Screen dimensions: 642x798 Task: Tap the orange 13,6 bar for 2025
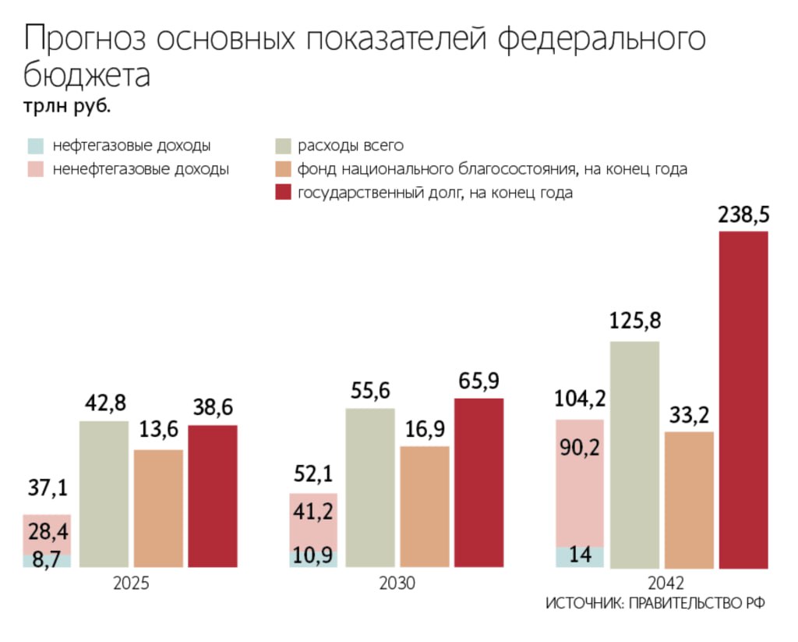pos(158,508)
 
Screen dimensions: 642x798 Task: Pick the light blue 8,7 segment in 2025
pos(47,559)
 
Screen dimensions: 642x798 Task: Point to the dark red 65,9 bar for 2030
pos(478,482)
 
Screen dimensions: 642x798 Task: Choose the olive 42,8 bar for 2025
pos(104,493)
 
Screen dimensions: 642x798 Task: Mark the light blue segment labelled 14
pos(580,556)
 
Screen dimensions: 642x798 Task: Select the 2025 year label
pos(130,583)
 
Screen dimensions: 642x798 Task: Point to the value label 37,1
pos(47,488)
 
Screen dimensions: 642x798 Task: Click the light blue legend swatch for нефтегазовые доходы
pos(36,146)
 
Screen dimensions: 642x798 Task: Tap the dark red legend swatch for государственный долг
pos(284,193)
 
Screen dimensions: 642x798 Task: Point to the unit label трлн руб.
pos(66,107)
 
